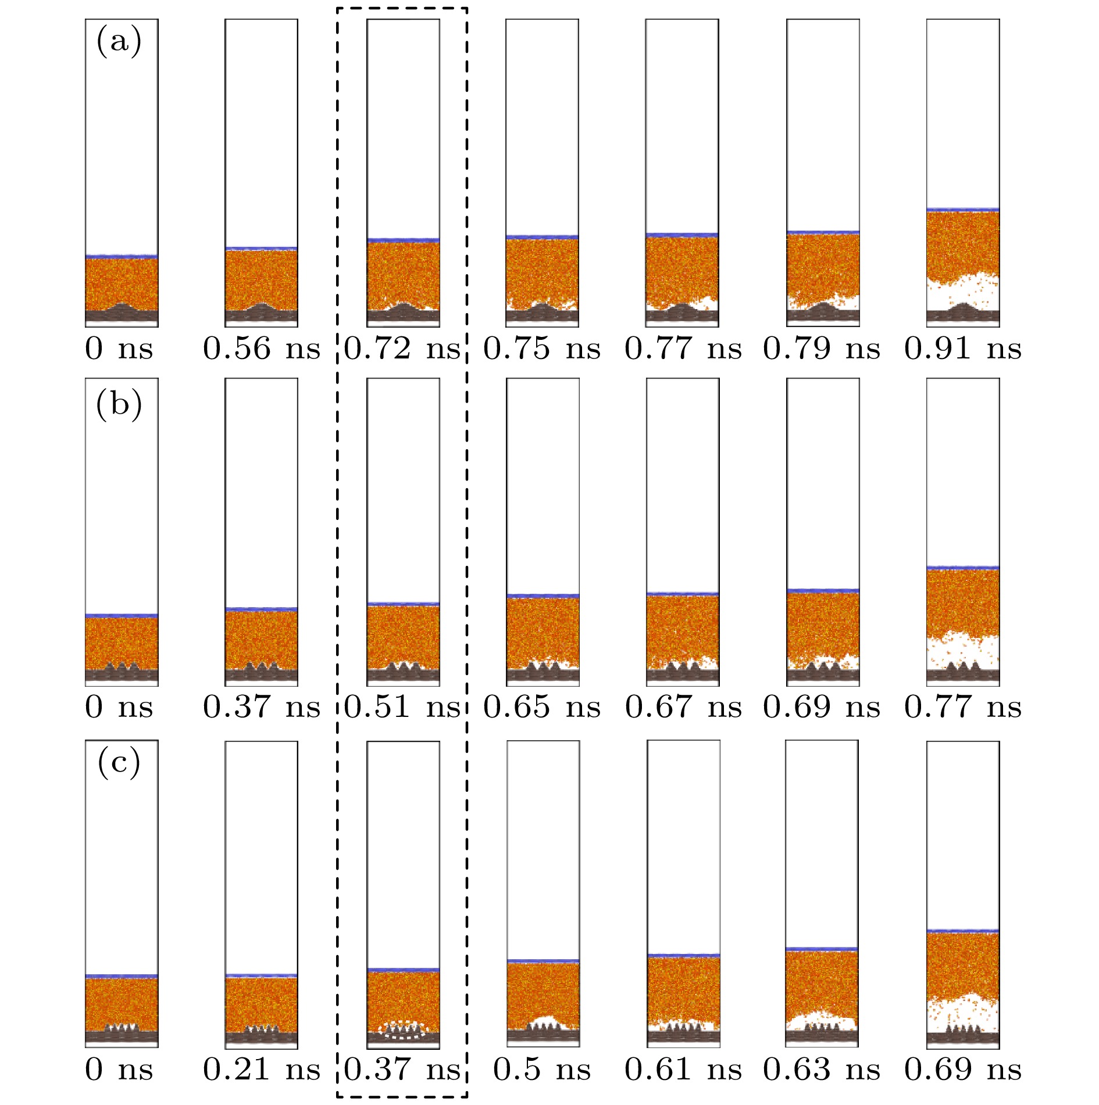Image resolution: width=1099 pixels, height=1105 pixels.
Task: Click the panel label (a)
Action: click(119, 42)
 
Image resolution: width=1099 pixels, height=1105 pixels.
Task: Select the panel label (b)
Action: click(119, 404)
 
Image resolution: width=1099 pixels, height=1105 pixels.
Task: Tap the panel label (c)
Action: click(119, 763)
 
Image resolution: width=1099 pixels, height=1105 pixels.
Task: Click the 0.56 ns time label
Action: click(262, 349)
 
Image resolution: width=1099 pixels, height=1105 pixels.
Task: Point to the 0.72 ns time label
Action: click(402, 349)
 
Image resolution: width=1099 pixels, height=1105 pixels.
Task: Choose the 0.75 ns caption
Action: click(542, 349)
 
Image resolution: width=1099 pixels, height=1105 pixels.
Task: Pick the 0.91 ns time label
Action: click(963, 349)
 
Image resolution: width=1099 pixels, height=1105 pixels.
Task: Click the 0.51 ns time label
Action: click(402, 708)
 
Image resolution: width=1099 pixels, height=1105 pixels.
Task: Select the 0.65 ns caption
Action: click(542, 708)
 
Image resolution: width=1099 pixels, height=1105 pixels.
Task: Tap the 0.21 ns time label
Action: click(262, 1070)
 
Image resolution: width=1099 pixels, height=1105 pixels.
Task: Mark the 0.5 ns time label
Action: click(542, 1070)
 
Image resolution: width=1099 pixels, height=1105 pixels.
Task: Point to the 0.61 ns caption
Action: click(683, 1070)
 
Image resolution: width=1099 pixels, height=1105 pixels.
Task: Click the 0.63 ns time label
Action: click(822, 1070)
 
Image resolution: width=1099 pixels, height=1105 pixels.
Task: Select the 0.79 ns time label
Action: click(822, 349)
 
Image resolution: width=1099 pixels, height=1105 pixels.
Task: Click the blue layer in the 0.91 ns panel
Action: click(963, 209)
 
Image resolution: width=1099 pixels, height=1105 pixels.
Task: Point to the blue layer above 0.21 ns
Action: click(262, 975)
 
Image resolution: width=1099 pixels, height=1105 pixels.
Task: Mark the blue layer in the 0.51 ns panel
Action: click(403, 604)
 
